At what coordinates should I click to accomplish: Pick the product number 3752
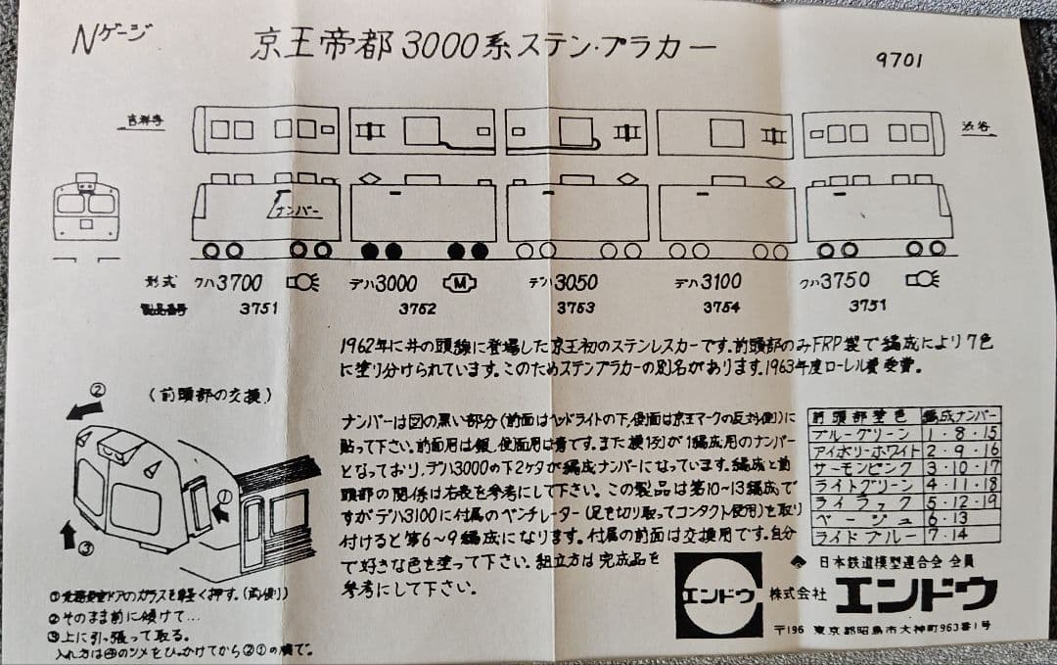click(417, 308)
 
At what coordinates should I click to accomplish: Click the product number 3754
click(721, 307)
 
